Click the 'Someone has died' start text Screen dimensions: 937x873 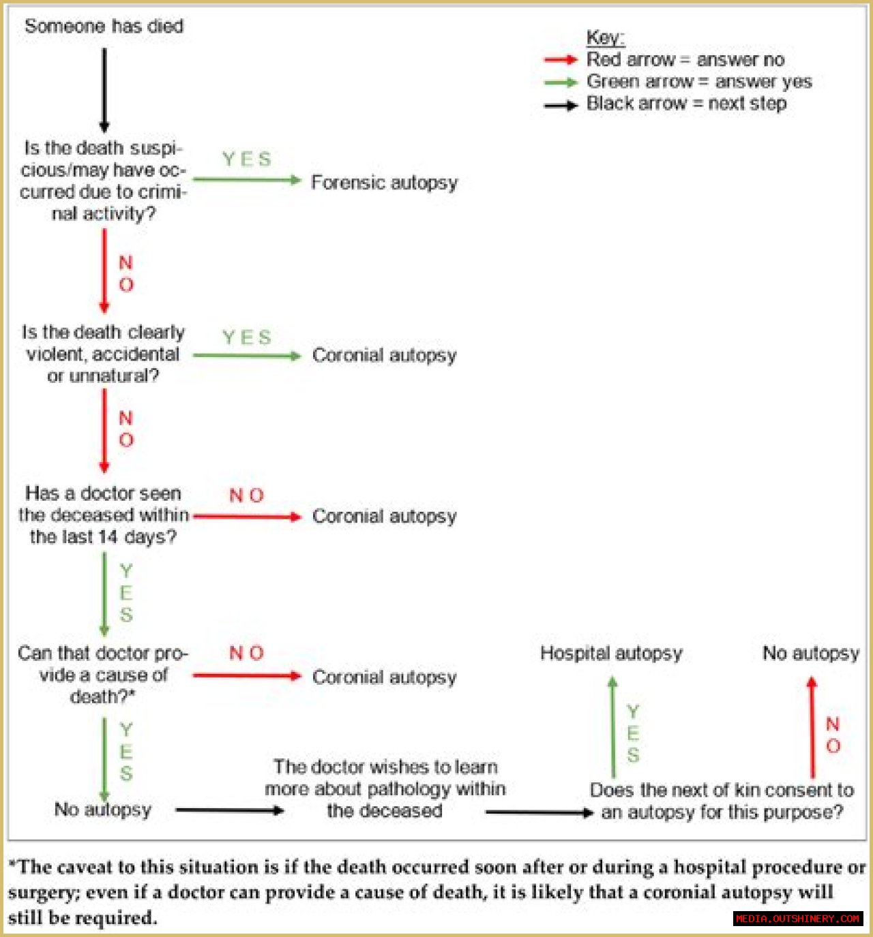click(x=104, y=27)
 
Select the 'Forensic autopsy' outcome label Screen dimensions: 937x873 click(x=384, y=183)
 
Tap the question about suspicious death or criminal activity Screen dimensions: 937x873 click(x=103, y=181)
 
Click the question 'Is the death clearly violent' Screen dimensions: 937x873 click(x=103, y=354)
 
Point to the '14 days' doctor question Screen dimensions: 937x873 click(x=104, y=515)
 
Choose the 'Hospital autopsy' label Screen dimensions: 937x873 click(x=611, y=653)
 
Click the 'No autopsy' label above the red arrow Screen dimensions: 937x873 click(x=810, y=653)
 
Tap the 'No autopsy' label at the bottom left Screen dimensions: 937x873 click(x=102, y=810)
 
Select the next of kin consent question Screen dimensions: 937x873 click(x=722, y=801)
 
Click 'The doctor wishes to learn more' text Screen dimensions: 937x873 click(x=385, y=788)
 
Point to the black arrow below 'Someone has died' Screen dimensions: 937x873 click(x=104, y=89)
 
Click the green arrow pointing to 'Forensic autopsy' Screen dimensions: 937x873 click(x=247, y=181)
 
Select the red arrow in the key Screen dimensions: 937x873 click(x=561, y=60)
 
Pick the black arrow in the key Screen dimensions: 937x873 click(x=561, y=106)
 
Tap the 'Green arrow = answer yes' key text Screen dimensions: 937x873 click(x=699, y=82)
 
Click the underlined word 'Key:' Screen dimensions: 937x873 click(x=605, y=37)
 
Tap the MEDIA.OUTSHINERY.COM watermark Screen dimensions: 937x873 click(x=797, y=919)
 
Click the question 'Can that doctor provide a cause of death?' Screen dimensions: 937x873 click(x=103, y=675)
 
